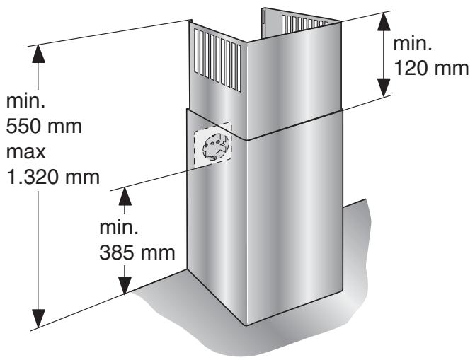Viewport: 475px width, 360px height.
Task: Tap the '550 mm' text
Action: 44,128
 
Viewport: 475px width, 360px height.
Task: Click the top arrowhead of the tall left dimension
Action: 40,54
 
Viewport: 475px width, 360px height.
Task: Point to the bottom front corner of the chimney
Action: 246,325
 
